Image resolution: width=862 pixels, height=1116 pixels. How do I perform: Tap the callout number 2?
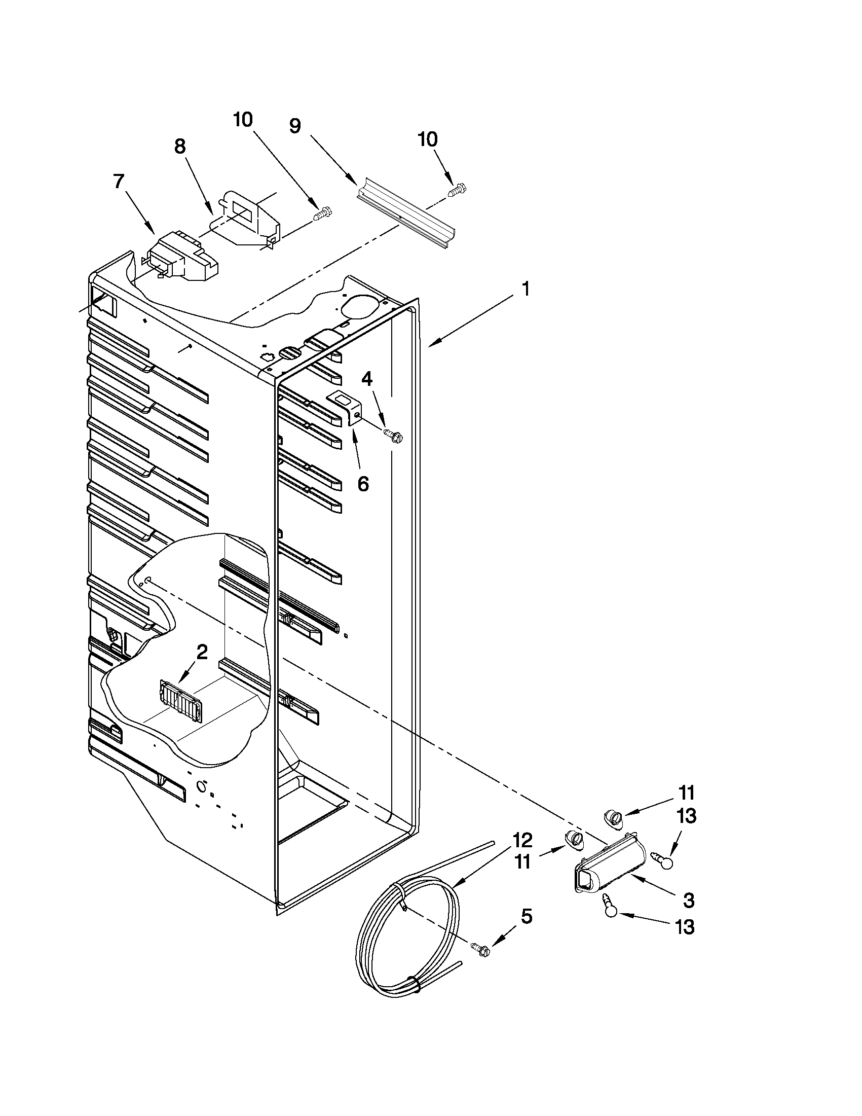(x=202, y=652)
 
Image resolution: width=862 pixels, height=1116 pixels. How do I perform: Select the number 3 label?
(x=688, y=901)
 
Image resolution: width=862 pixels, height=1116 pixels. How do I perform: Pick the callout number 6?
(x=362, y=483)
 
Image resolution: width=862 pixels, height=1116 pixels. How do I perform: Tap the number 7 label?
(x=119, y=181)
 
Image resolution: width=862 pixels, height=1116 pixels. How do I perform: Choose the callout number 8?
(x=180, y=146)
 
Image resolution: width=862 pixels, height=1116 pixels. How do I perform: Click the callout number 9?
(x=295, y=126)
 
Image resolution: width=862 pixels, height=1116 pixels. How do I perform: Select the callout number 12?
(x=522, y=840)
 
